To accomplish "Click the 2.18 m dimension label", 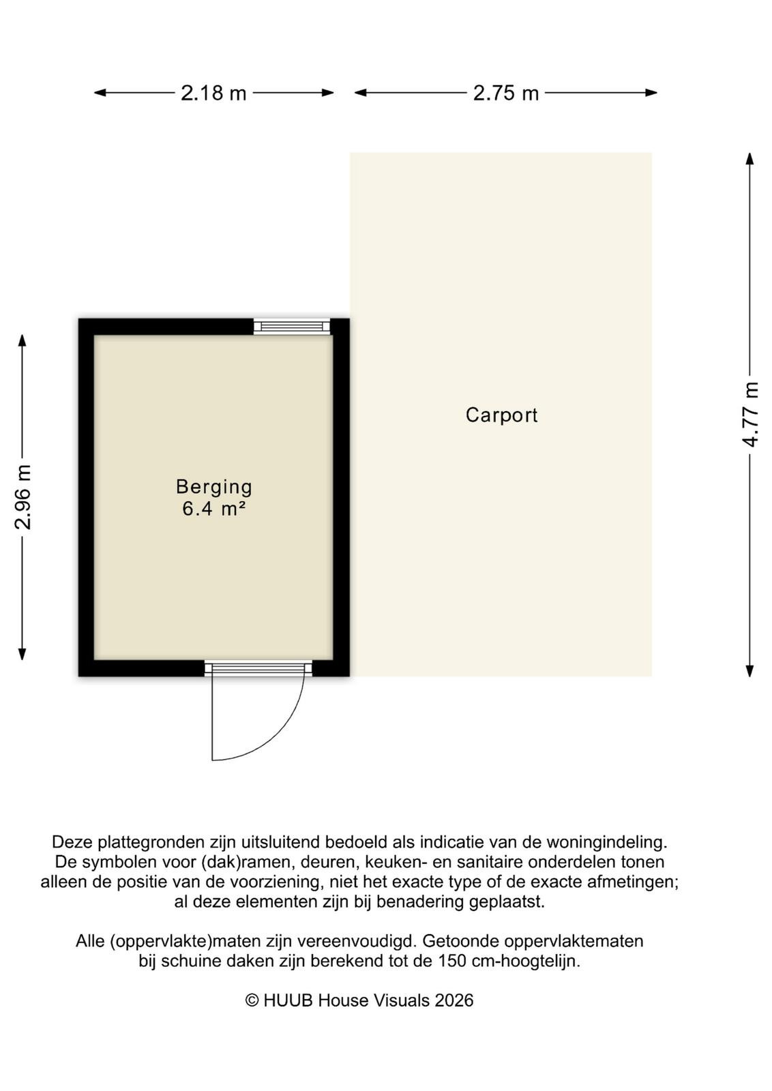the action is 213,93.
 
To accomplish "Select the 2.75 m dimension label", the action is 506,93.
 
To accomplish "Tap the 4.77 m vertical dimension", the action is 750,415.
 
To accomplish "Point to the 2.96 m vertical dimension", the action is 23,497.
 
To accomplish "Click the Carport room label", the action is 502,415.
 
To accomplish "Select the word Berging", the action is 214,487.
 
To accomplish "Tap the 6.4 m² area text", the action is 213,509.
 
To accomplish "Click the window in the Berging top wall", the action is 291,327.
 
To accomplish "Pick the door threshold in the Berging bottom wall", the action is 258,668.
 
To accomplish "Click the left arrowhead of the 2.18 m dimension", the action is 100,93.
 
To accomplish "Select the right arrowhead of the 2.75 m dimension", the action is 651,93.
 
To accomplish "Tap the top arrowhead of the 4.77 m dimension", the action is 750,159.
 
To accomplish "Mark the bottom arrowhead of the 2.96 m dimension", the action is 22,654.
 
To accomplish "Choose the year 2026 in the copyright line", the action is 454,1000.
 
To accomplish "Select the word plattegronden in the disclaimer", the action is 153,842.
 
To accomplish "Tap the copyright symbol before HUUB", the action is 252,1000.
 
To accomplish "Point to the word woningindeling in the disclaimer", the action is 606,842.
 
